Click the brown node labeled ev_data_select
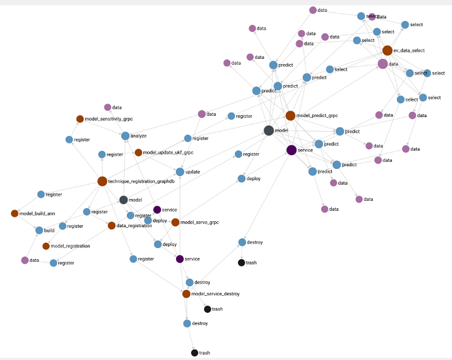(387, 50)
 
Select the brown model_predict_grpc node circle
(290, 116)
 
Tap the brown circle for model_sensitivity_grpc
(80, 119)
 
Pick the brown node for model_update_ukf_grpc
(138, 153)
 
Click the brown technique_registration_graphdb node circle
(102, 181)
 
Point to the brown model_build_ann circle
(14, 213)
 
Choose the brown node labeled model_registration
(46, 246)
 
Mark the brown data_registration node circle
(111, 226)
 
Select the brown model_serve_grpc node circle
(175, 223)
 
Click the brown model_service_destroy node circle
(186, 294)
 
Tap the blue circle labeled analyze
(125, 136)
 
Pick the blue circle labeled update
(179, 171)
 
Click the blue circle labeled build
(39, 230)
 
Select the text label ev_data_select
(409, 50)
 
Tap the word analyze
(139, 136)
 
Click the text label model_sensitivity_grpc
(110, 119)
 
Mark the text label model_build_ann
(37, 213)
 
